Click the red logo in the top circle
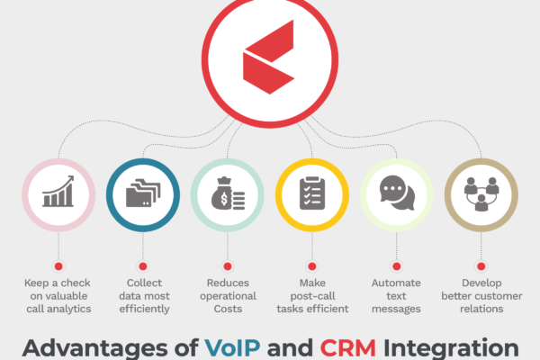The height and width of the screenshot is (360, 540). point(268,58)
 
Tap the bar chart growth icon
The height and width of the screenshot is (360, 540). point(58,191)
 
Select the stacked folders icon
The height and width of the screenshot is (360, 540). point(143,193)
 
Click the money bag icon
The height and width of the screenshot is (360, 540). point(228,193)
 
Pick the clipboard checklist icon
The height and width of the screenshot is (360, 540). point(312,193)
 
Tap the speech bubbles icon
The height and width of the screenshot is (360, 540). point(397,193)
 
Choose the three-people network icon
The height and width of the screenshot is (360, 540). point(481,194)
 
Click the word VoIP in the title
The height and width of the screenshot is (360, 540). point(232,348)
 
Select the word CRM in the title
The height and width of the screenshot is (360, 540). point(347,348)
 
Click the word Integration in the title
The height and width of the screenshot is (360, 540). point(451,348)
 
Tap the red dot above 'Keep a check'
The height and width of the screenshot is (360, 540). point(58,266)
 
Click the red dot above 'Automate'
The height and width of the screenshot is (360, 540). point(397,266)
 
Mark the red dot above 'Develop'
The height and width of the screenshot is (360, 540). point(481,266)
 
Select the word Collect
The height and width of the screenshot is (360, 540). point(144,283)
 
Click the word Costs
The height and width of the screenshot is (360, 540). point(228,309)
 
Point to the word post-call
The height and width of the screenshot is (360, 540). point(312,296)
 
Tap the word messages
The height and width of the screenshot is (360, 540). point(396,309)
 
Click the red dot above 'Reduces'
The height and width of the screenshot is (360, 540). point(228,266)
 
